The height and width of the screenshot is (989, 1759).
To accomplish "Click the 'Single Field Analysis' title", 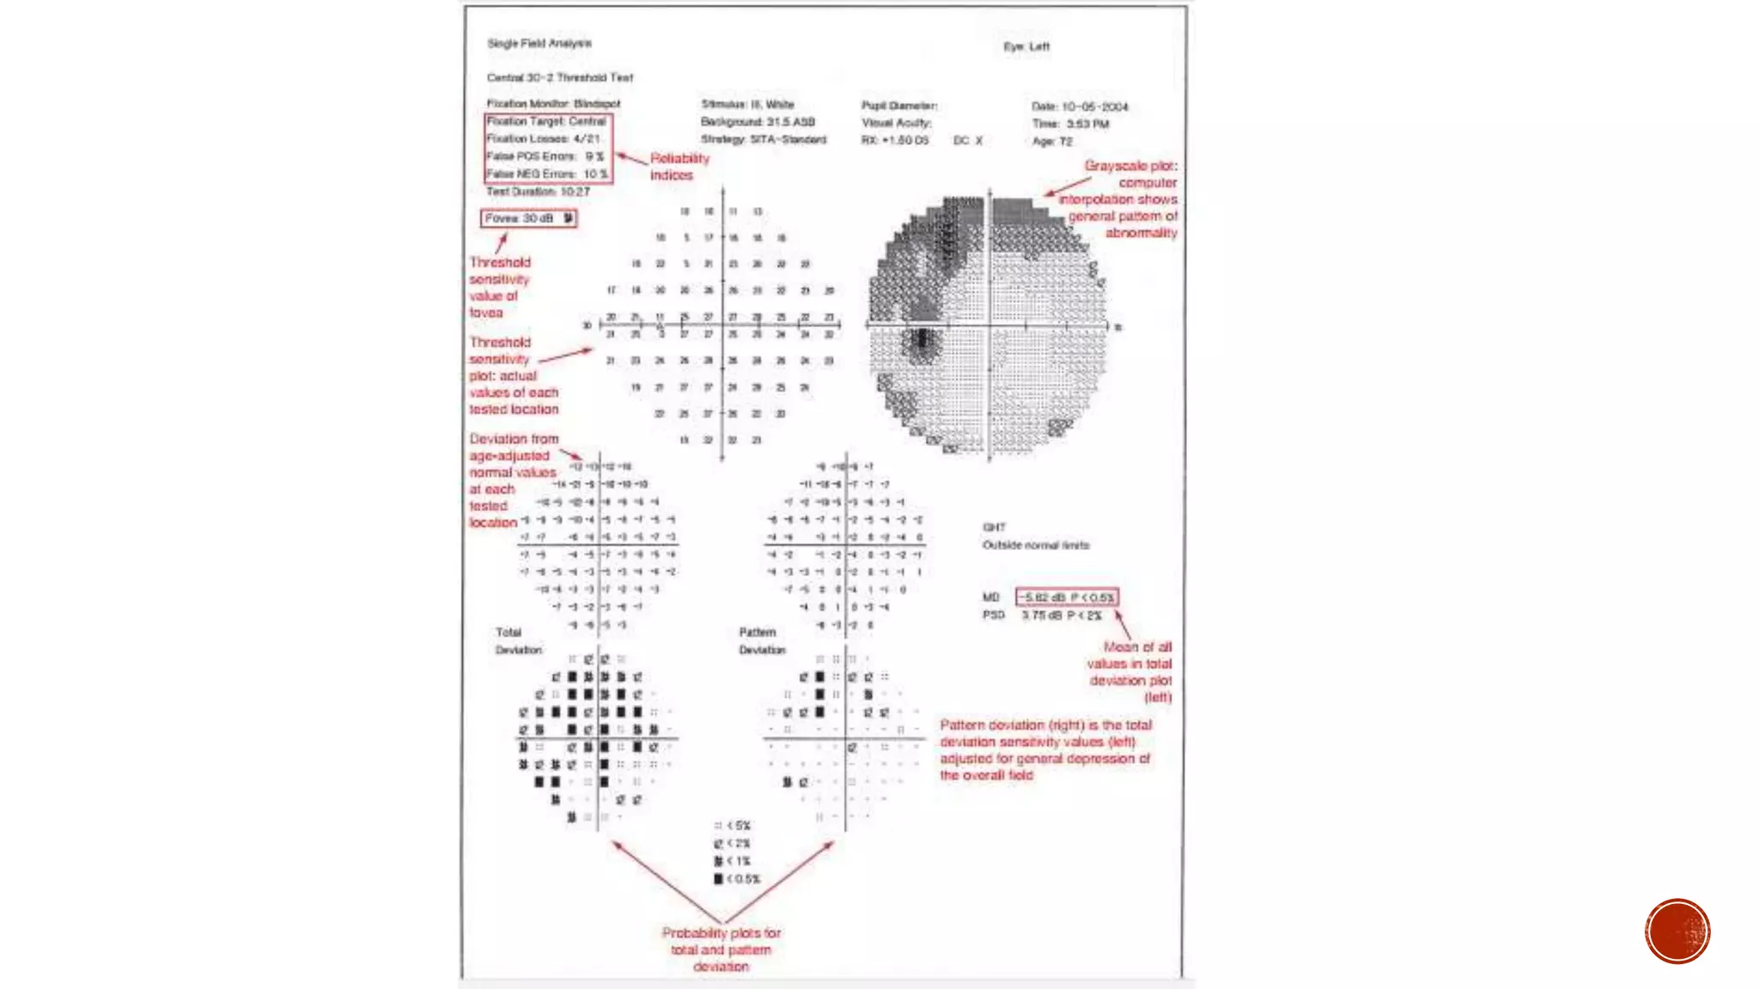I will coord(539,43).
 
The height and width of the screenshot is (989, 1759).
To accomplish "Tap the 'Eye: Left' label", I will coord(1026,46).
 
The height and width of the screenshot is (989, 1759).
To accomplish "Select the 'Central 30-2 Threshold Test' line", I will coord(559,77).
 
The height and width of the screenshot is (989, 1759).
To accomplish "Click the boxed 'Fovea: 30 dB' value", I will coord(528,219).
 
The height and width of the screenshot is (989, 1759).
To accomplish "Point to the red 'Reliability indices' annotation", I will coord(679,167).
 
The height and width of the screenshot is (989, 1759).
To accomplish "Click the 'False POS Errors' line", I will coord(545,156).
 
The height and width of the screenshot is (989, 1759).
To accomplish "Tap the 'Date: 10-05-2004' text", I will coord(1080,106).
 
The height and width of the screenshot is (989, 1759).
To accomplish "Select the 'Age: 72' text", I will coord(1052,142).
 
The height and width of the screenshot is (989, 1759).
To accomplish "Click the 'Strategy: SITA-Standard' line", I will coord(763,139).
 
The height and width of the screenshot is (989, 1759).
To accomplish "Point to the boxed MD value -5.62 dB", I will coord(1066,597).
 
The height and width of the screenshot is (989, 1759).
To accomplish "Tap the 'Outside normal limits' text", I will coord(1035,545).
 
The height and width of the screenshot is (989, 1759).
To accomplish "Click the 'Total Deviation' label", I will coord(517,641).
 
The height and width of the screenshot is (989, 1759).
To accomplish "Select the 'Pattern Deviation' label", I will coord(761,641).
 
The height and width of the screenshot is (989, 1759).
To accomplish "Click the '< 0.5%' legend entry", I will coord(737,879).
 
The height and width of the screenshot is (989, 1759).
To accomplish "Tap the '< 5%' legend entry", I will coord(733,826).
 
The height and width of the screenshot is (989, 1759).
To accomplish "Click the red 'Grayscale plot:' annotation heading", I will coord(1130,166).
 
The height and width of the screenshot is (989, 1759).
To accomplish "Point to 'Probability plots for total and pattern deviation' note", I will coord(721,950).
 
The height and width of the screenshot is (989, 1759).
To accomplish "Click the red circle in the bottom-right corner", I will coord(1677,931).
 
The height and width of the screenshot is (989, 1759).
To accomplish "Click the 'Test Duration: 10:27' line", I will coord(538,191).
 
